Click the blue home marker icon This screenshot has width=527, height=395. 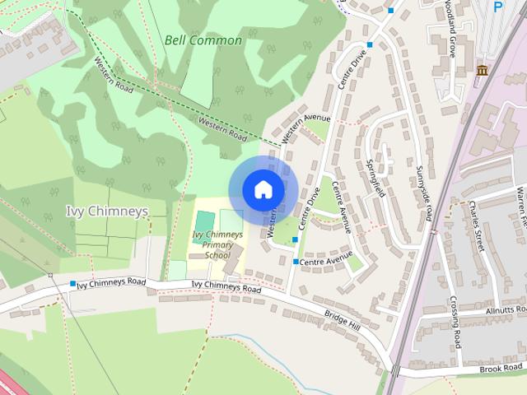coord(263,189)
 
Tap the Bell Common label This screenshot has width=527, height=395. coord(203,39)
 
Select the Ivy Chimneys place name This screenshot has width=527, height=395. coord(107,211)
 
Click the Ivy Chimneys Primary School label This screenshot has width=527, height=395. coord(217,244)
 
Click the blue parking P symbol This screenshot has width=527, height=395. coord(497,7)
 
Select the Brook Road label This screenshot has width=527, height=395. coord(502,369)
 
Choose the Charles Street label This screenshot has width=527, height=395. coord(477,224)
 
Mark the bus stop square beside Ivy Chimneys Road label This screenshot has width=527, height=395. coord(73,284)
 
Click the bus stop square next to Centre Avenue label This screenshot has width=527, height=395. coord(296,262)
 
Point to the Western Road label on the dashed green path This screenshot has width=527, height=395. coord(222,128)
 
